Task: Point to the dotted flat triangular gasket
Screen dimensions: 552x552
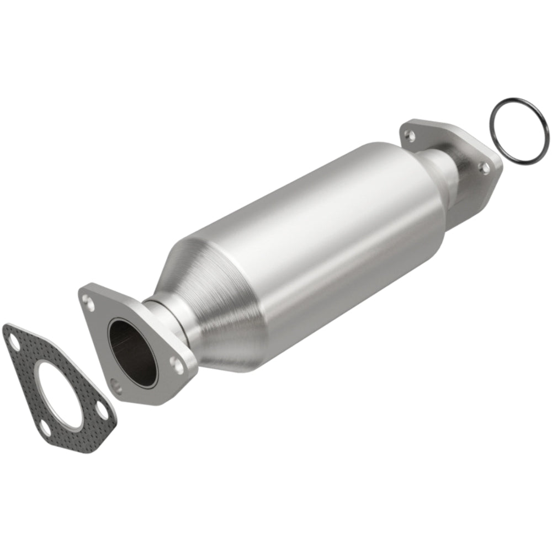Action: click(28, 375)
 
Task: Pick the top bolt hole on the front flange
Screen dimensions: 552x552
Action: click(87, 300)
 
